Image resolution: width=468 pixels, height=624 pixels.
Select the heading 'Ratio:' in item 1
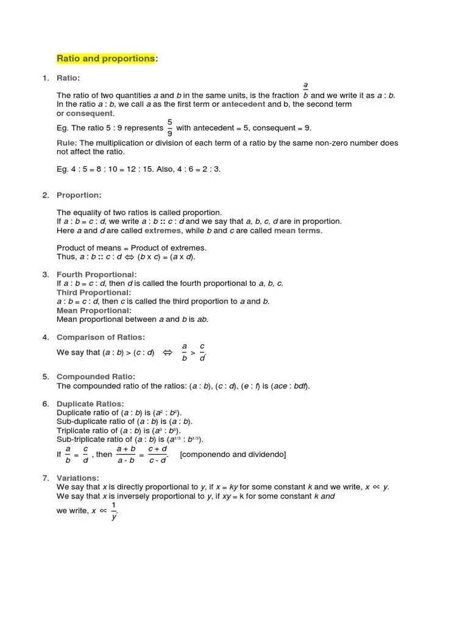68,78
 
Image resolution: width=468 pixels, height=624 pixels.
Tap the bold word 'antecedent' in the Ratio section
243,104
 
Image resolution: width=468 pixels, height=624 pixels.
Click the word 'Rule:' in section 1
67,143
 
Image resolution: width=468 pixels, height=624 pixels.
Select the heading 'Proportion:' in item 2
79,195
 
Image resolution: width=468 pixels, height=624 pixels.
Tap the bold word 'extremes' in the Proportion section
163,231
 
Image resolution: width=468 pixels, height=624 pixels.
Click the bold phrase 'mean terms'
298,231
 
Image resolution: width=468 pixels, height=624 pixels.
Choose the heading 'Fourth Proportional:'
97,275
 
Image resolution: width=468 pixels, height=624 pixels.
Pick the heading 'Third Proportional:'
93,292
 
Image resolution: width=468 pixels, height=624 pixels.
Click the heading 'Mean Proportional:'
93,311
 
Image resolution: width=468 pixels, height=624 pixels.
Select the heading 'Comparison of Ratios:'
101,337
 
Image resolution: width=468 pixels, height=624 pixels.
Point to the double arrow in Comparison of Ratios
168,352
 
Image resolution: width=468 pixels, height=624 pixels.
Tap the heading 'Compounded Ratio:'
96,377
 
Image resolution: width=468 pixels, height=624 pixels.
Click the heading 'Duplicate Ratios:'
90,403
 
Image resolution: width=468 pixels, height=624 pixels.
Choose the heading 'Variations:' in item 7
77,478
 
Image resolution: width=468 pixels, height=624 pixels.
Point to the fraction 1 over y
114,511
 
